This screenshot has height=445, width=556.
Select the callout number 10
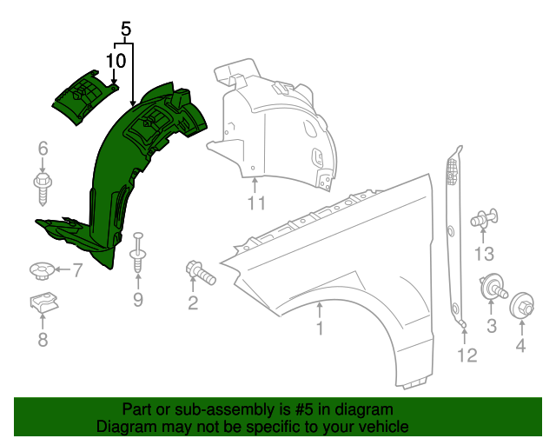point(116,60)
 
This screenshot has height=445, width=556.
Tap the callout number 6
point(43,150)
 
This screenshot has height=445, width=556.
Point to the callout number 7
point(76,271)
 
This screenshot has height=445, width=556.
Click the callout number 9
point(137,300)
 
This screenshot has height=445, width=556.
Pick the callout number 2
point(193,302)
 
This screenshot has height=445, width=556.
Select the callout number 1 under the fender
point(320,329)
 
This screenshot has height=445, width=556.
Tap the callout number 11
point(255,204)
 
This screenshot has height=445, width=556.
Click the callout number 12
point(467,355)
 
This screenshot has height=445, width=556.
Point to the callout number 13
point(484,253)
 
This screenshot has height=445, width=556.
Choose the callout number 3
point(491,326)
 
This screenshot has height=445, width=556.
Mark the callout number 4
point(521,347)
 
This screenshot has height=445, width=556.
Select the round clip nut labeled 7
point(39,271)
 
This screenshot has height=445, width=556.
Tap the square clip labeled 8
point(41,306)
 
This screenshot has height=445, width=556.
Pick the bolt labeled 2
point(199,272)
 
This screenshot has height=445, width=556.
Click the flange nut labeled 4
point(522,307)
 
